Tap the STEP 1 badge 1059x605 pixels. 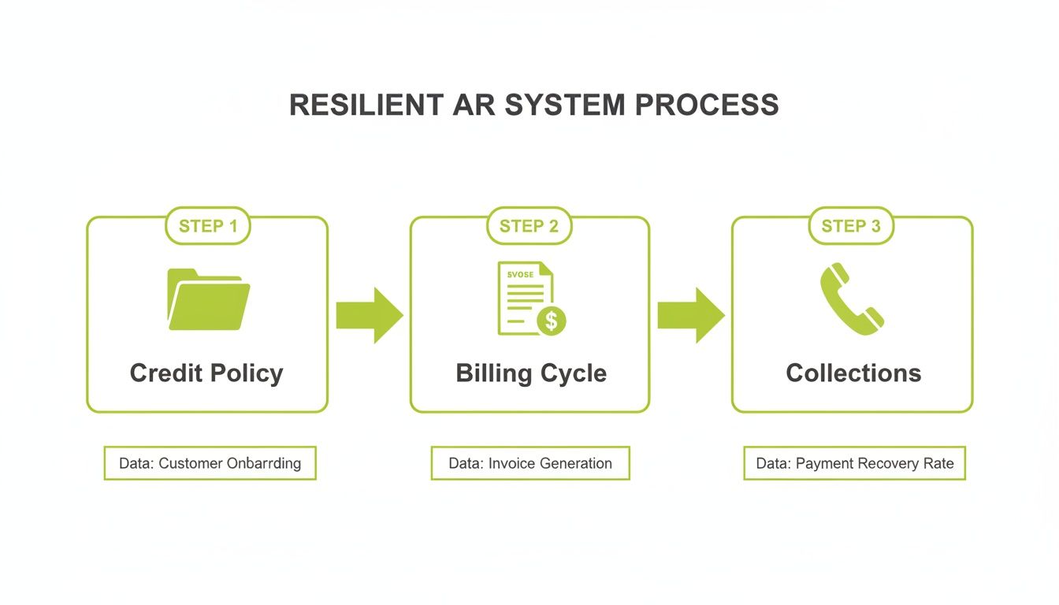pos(207,227)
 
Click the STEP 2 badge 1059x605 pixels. pos(529,227)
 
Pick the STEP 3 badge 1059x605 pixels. pos(851,227)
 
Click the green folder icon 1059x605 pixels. pos(208,299)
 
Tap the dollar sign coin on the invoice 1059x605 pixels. pos(551,321)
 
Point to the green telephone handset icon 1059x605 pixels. pos(851,299)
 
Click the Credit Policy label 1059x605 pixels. pos(206,373)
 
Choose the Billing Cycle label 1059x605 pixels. pos(530,373)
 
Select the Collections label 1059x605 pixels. pos(853,373)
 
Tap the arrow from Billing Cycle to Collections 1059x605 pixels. pos(691,315)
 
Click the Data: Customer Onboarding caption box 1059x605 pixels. pos(210,463)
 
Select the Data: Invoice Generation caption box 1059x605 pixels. pos(530,463)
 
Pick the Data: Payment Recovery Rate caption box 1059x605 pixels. pos(854,463)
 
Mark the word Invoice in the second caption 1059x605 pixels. pos(512,463)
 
